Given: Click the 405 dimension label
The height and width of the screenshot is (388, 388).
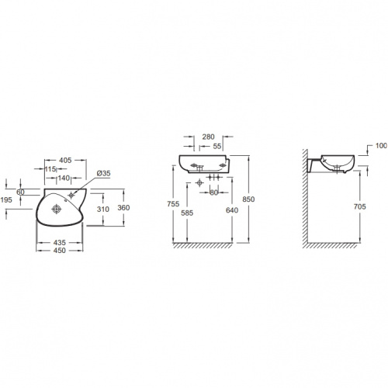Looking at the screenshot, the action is coord(65,161).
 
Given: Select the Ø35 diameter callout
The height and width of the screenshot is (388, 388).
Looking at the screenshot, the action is coord(103,173).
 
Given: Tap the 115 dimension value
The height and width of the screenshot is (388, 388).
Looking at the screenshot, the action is coord(50,169).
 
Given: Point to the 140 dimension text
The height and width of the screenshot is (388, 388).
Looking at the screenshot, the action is coord(64,178).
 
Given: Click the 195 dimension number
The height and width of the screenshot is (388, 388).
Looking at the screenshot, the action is coord(6,199).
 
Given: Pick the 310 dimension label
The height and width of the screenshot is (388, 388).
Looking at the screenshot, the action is coord(103,209).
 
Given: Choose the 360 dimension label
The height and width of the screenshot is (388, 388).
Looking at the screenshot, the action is coord(123,208).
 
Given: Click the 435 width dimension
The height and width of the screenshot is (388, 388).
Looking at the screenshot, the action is coord(60,243).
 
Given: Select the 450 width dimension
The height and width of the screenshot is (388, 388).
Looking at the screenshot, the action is coord(60,251).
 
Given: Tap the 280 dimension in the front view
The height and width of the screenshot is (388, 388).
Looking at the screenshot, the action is coord(208,137).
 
